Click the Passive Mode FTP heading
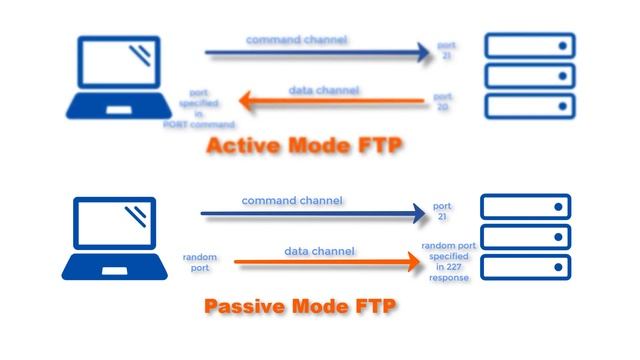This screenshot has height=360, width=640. [301, 305]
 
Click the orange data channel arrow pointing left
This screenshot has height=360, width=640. [330, 101]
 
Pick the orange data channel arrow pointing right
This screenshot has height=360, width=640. [326, 263]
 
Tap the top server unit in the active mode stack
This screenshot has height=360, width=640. [529, 45]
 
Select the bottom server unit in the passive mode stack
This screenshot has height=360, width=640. [526, 267]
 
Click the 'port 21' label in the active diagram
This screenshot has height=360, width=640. [447, 51]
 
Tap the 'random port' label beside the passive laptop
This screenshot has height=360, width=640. [200, 262]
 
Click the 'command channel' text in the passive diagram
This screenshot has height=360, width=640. [292, 200]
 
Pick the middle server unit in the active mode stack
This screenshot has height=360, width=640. [529, 75]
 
